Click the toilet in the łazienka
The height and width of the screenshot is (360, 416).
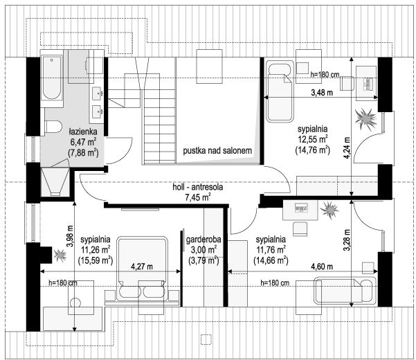point(53,127)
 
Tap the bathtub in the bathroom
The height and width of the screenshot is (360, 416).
point(52,78)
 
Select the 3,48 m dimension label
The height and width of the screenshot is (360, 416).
point(322,93)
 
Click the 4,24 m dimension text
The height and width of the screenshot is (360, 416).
point(347,147)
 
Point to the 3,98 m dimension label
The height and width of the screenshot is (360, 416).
point(70,236)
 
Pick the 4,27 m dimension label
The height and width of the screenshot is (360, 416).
point(142,267)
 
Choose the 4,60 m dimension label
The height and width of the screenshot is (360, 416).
point(322,267)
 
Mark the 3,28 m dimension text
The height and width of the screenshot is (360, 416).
point(347,240)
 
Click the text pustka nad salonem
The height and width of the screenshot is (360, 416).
point(217,151)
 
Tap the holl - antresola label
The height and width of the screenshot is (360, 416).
point(198,187)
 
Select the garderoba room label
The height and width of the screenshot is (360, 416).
point(204,240)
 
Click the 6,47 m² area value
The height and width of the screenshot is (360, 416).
point(83,142)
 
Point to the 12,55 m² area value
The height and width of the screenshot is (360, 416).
point(313,139)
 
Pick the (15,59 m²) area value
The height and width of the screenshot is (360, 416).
point(96,260)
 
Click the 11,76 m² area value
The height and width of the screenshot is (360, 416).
point(271,250)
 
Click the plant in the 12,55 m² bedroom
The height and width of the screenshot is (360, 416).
point(366,119)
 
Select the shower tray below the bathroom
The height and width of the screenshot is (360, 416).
point(55,182)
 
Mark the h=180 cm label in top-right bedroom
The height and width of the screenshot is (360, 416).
point(325,75)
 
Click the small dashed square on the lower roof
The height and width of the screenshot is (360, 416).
point(206,339)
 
